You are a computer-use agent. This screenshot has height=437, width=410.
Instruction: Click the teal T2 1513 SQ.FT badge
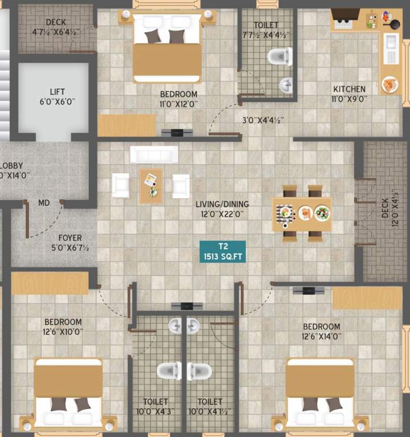coord(222,252)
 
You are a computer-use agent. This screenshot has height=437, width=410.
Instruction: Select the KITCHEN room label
coord(349,93)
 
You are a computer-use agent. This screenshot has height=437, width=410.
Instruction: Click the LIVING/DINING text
coord(222,209)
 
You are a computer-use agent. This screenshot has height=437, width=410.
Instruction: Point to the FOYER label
coord(70,242)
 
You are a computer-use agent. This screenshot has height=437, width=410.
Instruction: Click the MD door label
coord(44,203)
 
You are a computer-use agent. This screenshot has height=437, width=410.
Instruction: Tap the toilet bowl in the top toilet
coord(279,56)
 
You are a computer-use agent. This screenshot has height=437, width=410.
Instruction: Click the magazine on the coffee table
coord(150,180)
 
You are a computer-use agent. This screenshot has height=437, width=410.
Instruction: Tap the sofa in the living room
coord(154,154)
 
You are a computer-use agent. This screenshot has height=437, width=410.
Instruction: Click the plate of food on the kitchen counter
coord(390,85)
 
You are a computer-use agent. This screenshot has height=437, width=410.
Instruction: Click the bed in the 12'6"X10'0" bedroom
coord(68,393)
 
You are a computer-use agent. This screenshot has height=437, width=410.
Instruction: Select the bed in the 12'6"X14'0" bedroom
coord(320,393)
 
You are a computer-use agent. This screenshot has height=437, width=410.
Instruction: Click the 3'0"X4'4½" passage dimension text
coord(263,120)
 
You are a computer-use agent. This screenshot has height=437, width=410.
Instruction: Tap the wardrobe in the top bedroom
coord(126,126)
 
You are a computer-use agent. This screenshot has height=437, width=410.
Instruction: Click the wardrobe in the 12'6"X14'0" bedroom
coord(367,298)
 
